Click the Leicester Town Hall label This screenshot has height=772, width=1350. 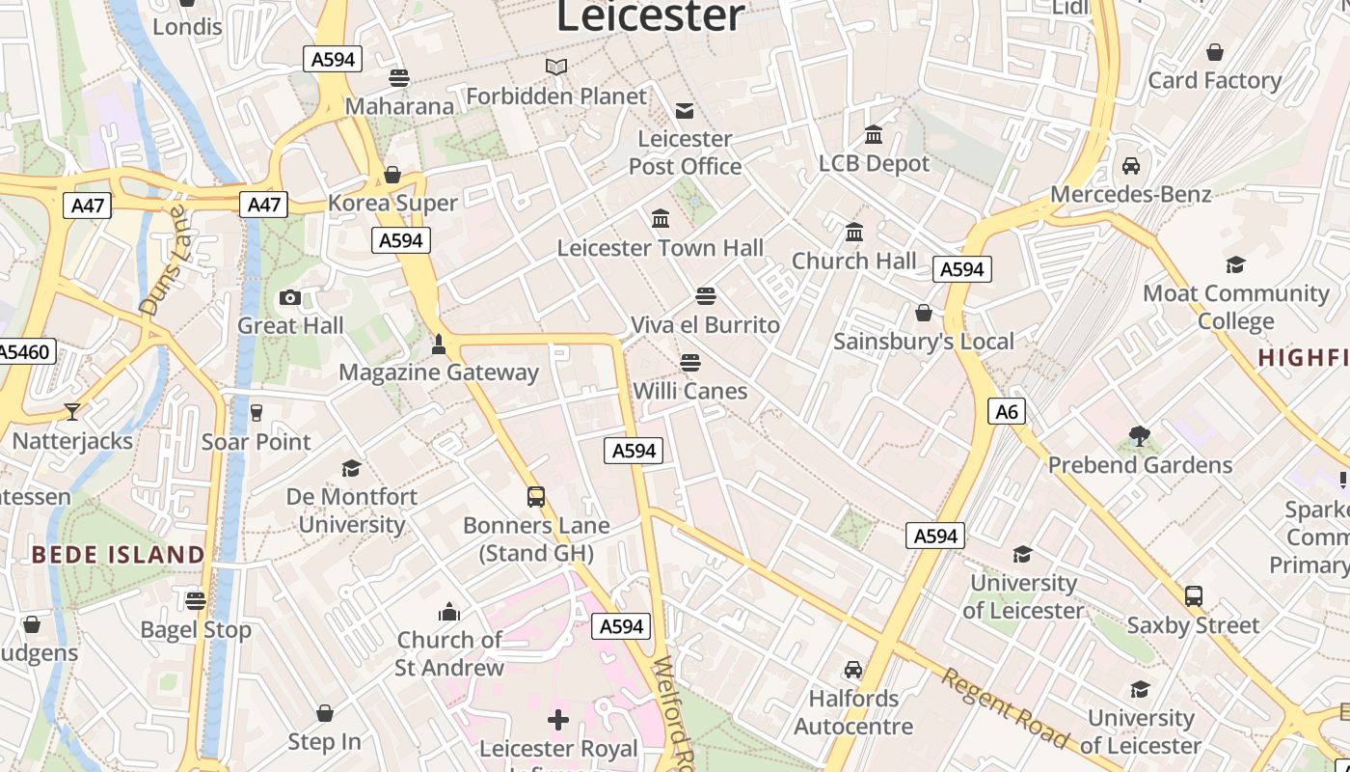pos(661,248)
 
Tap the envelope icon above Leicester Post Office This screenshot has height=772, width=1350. pos(685,111)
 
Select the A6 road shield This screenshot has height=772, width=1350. pos(1006,412)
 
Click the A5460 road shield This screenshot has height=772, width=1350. pos(25,351)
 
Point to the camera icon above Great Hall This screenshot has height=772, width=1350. pos(289,298)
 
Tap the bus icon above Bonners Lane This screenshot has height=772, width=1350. pos(536,497)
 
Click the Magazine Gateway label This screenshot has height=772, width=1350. pos(439,372)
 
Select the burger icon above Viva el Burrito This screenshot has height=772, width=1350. pos(706,295)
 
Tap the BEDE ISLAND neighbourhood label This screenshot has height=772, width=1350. pos(118,555)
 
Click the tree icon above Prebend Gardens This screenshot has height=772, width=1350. pos(1140,437)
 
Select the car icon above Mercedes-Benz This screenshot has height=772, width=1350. pos(1131,166)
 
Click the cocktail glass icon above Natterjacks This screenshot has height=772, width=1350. pos(72,412)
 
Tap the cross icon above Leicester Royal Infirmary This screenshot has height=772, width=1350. pos(558,719)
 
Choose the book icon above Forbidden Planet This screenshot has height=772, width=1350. pos(556,67)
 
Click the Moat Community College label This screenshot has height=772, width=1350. pos(1235,306)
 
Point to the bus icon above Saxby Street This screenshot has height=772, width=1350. pos(1194,596)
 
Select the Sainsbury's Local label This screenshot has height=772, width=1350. pos(924,342)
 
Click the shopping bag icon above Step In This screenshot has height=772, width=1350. pos(325,713)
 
